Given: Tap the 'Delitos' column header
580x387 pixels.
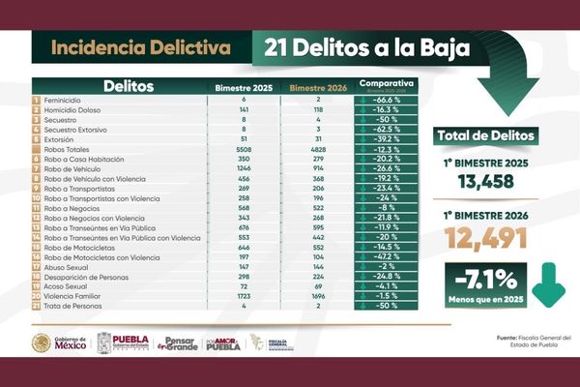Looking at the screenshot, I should [x=129, y=87].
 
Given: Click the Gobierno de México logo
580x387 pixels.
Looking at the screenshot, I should [x=60, y=343].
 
